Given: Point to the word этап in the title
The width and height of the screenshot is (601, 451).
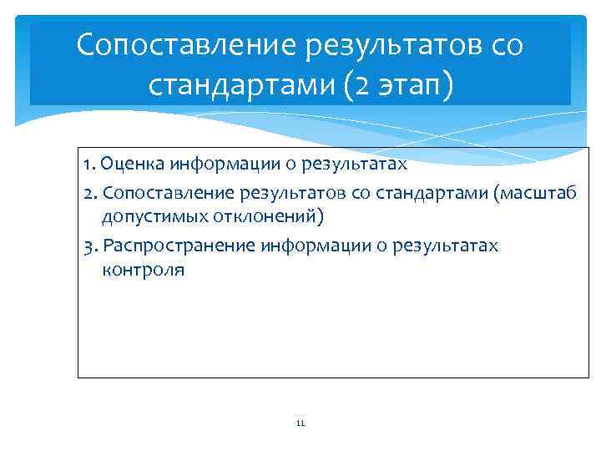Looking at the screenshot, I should pyautogui.click(x=404, y=84).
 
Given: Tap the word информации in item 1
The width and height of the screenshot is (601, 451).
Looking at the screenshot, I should pyautogui.click(x=219, y=164).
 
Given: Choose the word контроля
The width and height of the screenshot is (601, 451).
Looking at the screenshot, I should pyautogui.click(x=142, y=270).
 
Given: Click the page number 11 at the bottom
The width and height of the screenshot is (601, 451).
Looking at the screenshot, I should pyautogui.click(x=300, y=423).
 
